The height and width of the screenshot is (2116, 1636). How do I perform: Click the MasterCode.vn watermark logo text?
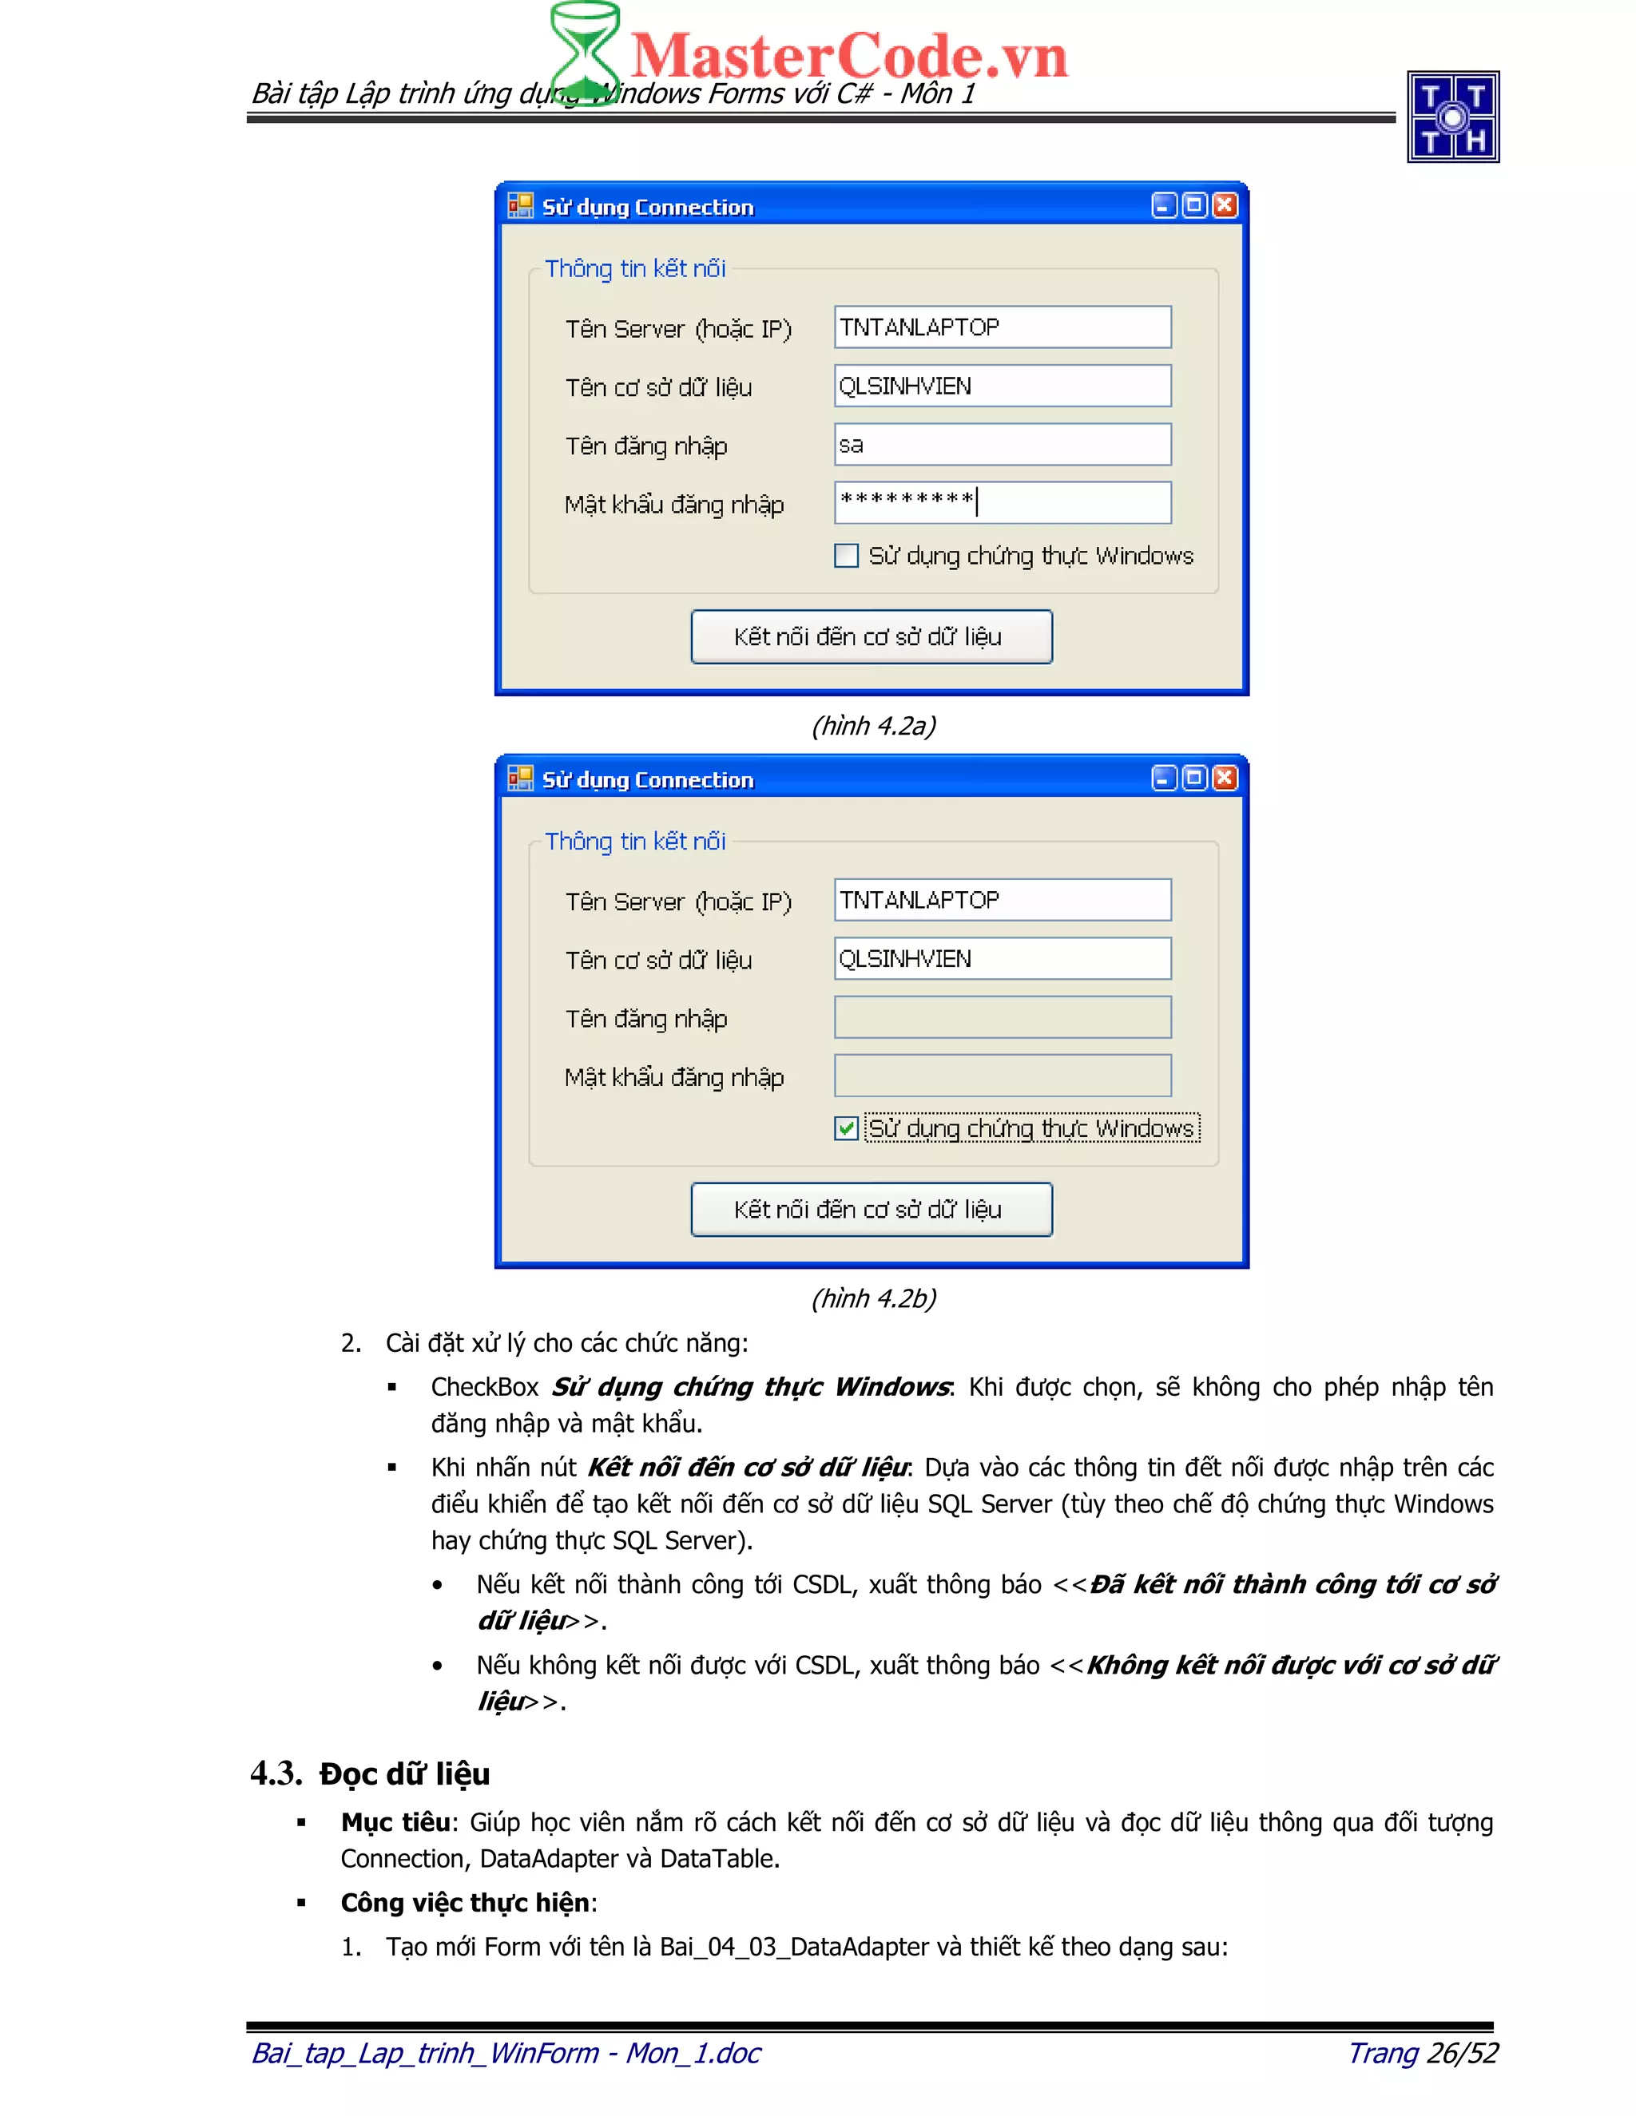[848, 55]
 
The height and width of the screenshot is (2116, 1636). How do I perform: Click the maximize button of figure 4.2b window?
[1194, 778]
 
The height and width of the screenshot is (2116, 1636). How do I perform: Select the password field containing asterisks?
[1003, 502]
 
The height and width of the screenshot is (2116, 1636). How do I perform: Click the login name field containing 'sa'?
[1003, 445]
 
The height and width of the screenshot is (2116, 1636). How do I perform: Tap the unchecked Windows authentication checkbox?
[846, 555]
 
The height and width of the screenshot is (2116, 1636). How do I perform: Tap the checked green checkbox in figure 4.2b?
[846, 1127]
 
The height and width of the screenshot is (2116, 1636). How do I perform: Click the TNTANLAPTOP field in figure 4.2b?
[1003, 900]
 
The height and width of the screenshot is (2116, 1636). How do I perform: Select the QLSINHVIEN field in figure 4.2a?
[1003, 386]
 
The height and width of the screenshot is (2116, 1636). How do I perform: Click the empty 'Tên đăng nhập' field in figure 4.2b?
[1003, 1017]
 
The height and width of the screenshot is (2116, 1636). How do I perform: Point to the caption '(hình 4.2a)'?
[873, 726]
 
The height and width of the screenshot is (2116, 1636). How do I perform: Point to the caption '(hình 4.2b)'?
[873, 1298]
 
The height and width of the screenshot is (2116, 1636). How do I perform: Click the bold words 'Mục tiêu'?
[395, 1822]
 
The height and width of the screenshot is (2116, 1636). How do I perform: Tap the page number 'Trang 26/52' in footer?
[1423, 2053]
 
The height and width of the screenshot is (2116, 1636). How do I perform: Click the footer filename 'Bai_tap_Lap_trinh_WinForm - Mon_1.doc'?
[506, 2053]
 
